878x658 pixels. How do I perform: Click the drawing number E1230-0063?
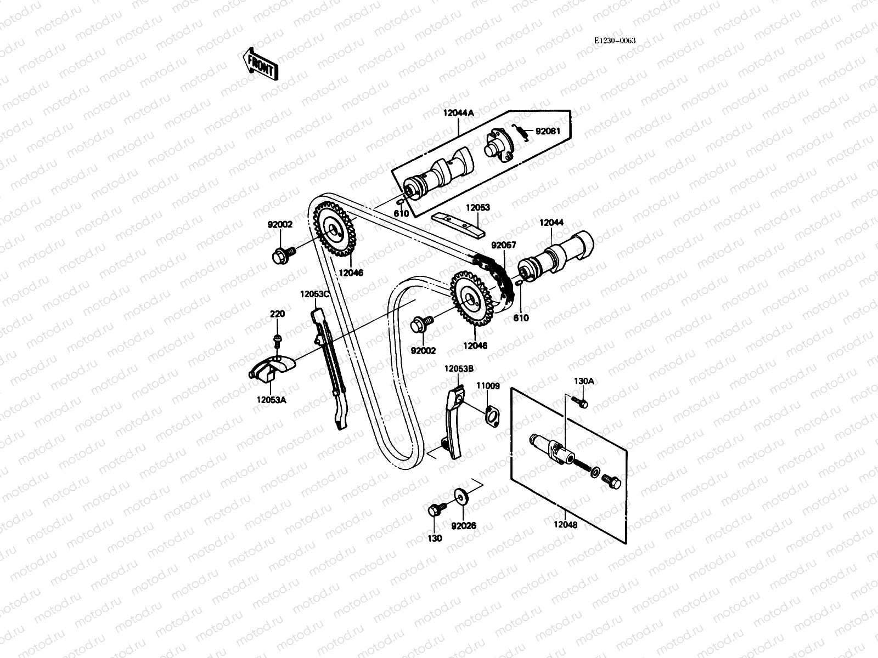click(615, 41)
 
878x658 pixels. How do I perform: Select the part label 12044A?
click(458, 113)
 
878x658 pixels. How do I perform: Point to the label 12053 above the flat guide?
click(478, 208)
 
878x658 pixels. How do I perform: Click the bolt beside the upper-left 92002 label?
click(283, 254)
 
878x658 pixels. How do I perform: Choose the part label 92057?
click(503, 246)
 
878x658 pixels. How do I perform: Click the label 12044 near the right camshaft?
click(551, 223)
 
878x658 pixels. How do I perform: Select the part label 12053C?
click(314, 294)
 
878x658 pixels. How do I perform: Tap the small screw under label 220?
click(278, 340)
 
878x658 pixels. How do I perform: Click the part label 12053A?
click(271, 400)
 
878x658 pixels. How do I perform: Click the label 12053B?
click(459, 369)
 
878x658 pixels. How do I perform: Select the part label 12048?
click(565, 524)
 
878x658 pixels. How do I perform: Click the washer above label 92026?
click(459, 497)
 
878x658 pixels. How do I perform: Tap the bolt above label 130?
click(435, 509)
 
